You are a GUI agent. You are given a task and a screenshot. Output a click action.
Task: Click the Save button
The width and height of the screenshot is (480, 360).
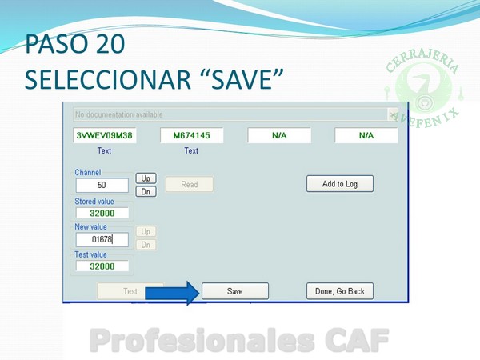tap(235, 291)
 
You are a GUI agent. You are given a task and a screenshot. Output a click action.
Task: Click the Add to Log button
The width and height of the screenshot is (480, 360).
tap(340, 184)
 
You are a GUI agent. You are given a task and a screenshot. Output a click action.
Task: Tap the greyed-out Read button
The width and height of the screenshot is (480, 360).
tap(190, 184)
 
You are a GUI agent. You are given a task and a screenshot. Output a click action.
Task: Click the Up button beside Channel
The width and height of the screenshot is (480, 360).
tap(146, 178)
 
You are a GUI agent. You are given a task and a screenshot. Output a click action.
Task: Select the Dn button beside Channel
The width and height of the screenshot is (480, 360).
tap(146, 192)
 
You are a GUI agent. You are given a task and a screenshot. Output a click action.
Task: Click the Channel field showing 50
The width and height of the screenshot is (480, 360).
tap(102, 186)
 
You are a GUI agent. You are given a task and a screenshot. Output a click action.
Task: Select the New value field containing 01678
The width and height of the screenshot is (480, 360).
tap(102, 239)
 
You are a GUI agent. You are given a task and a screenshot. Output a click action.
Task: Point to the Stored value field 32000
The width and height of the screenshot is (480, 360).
tap(102, 213)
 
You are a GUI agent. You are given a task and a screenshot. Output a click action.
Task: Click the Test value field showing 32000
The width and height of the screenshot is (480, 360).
tap(102, 266)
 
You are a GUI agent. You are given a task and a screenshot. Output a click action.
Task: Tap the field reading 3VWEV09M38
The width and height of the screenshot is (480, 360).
tap(104, 135)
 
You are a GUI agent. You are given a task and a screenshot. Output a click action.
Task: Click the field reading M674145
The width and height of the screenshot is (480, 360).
tap(192, 135)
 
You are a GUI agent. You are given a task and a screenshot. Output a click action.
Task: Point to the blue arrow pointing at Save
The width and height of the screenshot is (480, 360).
tap(172, 294)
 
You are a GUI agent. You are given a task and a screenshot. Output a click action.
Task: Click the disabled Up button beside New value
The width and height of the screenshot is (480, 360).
tap(146, 231)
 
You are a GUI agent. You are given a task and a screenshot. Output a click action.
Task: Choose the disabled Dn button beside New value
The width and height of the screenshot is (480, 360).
tap(146, 245)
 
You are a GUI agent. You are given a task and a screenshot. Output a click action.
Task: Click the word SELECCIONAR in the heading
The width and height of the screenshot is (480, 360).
tap(108, 79)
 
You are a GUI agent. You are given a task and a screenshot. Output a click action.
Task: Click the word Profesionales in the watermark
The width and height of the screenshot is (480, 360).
tap(202, 341)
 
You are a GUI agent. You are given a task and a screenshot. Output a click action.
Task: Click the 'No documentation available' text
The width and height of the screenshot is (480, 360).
tap(118, 114)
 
